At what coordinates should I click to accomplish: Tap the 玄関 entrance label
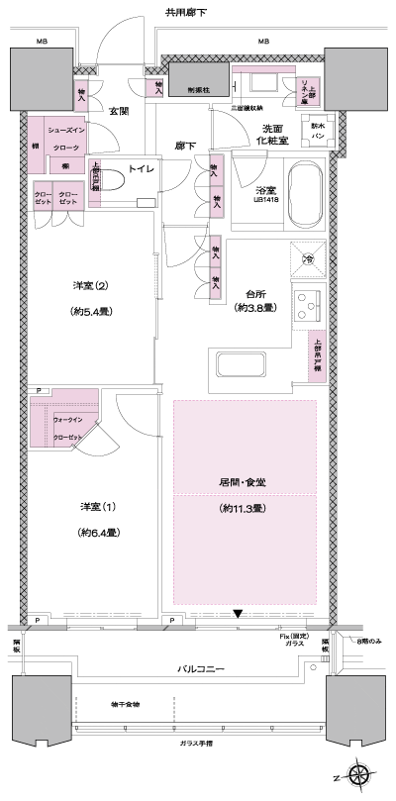[119, 111]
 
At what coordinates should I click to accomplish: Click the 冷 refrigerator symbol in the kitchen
[307, 258]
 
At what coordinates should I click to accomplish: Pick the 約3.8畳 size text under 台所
[253, 309]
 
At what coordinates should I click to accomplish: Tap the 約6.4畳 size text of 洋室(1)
[99, 532]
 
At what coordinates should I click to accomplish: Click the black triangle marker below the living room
[237, 614]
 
